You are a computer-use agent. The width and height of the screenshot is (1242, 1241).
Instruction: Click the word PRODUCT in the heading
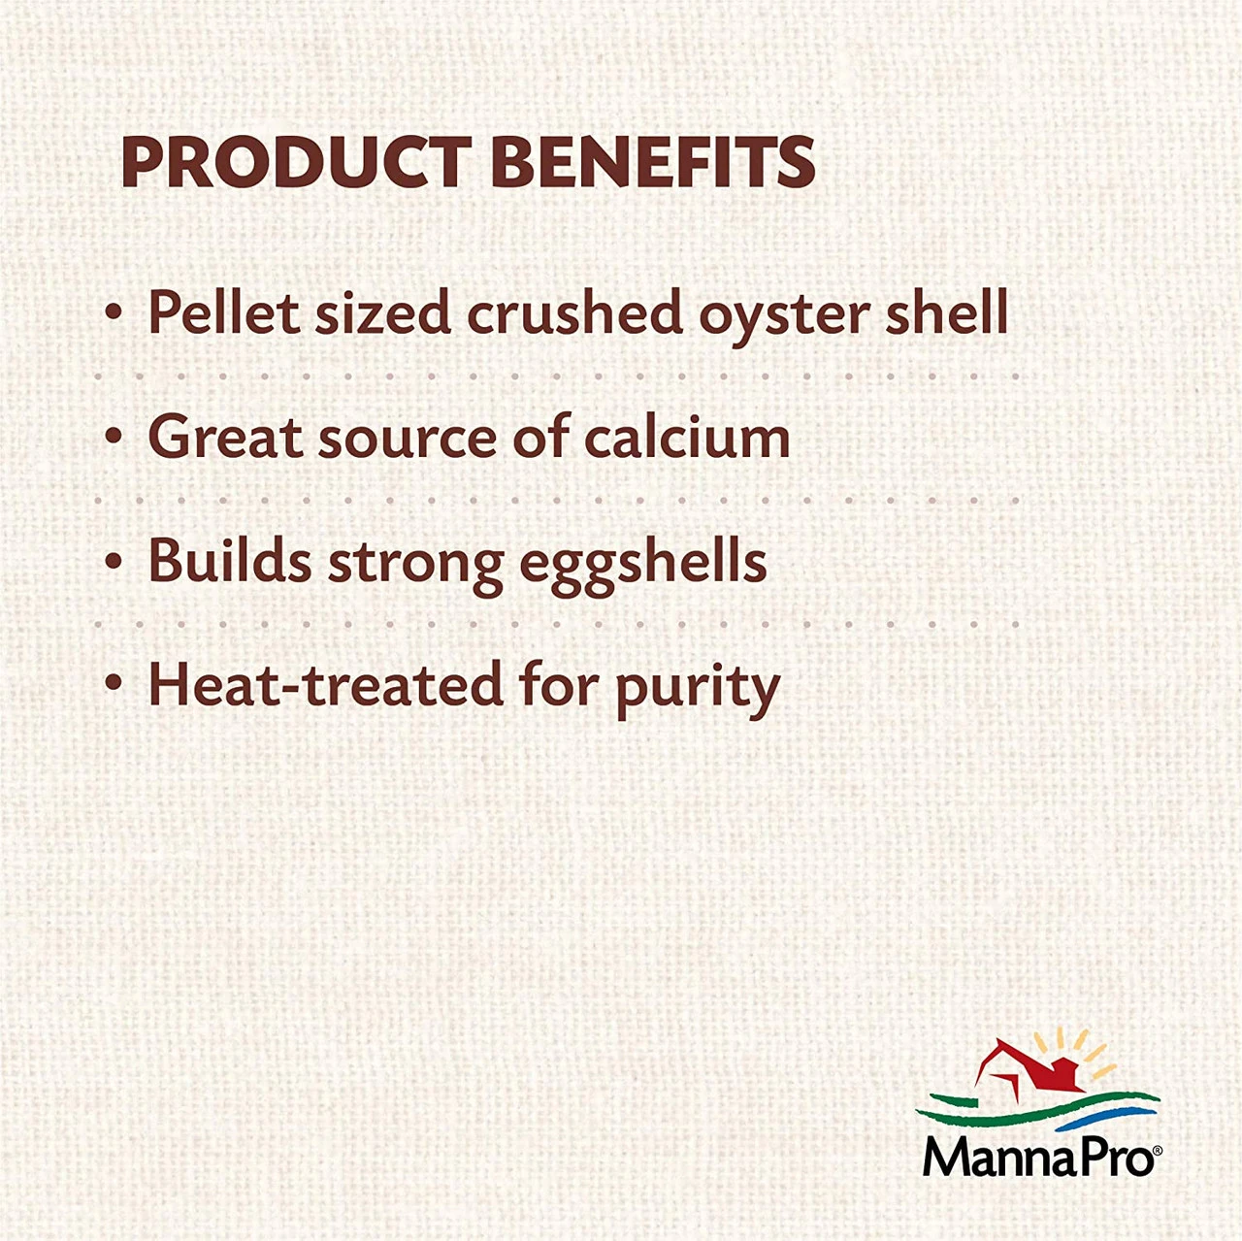(x=297, y=162)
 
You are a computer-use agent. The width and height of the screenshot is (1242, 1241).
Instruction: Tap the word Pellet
(x=224, y=312)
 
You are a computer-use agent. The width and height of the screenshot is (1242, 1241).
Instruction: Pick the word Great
(x=225, y=437)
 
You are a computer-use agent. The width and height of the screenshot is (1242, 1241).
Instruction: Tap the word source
(x=408, y=441)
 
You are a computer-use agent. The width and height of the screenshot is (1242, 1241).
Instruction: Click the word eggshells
(x=643, y=566)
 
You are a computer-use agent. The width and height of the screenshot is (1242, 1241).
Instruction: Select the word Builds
(x=230, y=560)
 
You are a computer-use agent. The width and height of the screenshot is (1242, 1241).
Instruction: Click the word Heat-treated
(x=326, y=684)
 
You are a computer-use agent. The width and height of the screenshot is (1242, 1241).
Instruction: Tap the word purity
(x=698, y=690)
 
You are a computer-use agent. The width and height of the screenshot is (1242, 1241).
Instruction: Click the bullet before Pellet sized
(x=114, y=312)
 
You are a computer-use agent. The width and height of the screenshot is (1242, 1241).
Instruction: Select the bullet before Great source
(x=114, y=437)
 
